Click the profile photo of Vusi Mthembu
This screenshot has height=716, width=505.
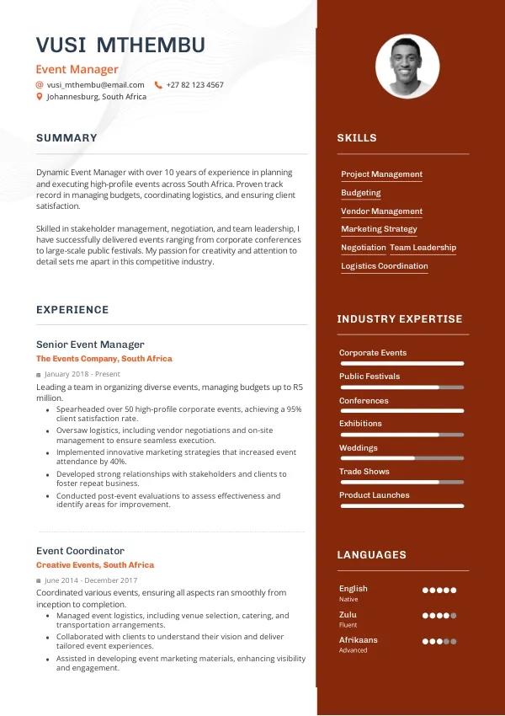[407, 66]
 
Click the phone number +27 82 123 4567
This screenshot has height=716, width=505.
[194, 85]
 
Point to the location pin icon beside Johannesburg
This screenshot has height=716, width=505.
[39, 97]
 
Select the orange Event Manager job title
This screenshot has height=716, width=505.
[77, 70]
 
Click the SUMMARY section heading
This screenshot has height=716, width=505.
[66, 138]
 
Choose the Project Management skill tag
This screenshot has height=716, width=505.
[381, 174]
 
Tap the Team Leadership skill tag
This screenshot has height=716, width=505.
[423, 248]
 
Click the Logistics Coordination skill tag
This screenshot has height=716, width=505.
[384, 266]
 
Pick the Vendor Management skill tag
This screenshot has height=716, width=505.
[381, 211]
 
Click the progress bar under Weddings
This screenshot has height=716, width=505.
[401, 458]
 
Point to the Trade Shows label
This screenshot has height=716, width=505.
[364, 472]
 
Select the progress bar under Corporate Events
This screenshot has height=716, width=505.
[401, 363]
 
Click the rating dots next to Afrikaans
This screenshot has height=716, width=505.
[439, 642]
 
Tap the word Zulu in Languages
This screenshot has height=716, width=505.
[348, 615]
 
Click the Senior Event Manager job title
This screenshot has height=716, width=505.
[90, 345]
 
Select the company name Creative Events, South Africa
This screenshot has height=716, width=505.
[95, 565]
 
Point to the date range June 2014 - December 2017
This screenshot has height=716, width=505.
[93, 580]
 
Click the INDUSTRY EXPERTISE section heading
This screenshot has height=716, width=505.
[400, 319]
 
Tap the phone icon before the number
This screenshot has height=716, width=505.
[158, 85]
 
